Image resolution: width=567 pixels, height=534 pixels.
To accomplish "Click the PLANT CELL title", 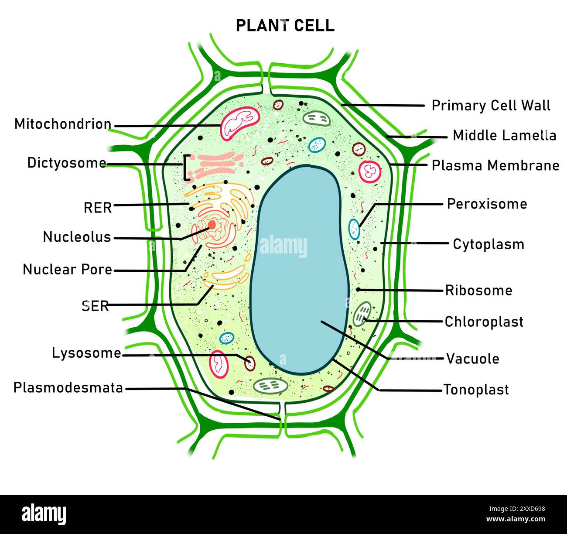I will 285,25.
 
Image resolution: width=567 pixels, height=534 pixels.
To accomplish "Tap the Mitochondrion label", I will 63,124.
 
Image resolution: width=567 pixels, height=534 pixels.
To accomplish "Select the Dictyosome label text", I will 67,163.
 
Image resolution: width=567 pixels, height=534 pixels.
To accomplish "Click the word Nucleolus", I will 77,237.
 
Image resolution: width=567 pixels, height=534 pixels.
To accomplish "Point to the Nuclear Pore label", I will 68,270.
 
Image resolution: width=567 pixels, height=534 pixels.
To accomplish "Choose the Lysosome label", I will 86,353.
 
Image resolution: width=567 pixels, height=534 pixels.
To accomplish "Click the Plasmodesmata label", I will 68,387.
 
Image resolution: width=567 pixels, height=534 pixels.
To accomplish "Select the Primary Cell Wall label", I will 491,106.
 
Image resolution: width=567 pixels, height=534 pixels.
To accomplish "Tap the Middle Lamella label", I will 504,135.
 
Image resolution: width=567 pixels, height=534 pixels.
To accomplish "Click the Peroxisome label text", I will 487,204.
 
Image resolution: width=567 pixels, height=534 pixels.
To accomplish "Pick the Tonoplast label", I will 476,390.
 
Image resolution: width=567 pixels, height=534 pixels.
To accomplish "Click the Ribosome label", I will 478,291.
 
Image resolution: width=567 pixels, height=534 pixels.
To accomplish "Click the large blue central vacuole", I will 299,270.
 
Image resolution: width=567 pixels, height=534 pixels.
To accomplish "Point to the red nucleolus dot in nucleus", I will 212,225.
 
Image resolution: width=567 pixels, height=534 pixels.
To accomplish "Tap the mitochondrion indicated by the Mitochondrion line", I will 240,124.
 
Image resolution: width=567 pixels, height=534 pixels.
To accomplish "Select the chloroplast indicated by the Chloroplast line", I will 362,314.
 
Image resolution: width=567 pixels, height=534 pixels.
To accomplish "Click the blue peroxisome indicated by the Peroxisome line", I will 354,229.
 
